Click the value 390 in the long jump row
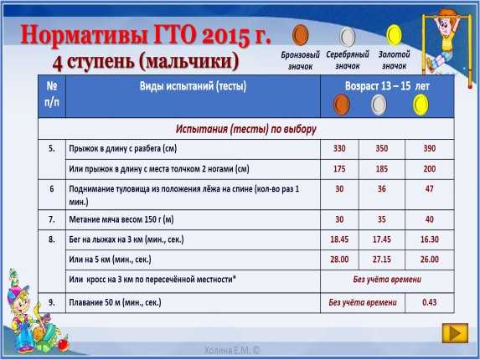click(x=429, y=148)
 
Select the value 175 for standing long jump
click(x=339, y=169)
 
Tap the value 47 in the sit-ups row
click(x=429, y=188)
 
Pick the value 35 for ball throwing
click(x=381, y=219)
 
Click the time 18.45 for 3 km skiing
click(x=339, y=239)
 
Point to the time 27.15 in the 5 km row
click(x=381, y=260)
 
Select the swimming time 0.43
click(x=429, y=302)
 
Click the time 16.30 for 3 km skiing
click(x=429, y=239)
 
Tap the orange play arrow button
click(x=455, y=333)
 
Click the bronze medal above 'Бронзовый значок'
click(x=300, y=35)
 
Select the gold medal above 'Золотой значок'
click(x=394, y=35)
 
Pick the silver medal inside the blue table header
click(x=379, y=105)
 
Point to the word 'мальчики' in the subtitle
click(x=188, y=61)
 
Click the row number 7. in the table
click(x=52, y=219)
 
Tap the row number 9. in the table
click(x=52, y=302)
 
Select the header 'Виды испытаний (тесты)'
click(x=193, y=86)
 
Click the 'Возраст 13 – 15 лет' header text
click(x=387, y=86)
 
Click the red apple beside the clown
click(x=64, y=343)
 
